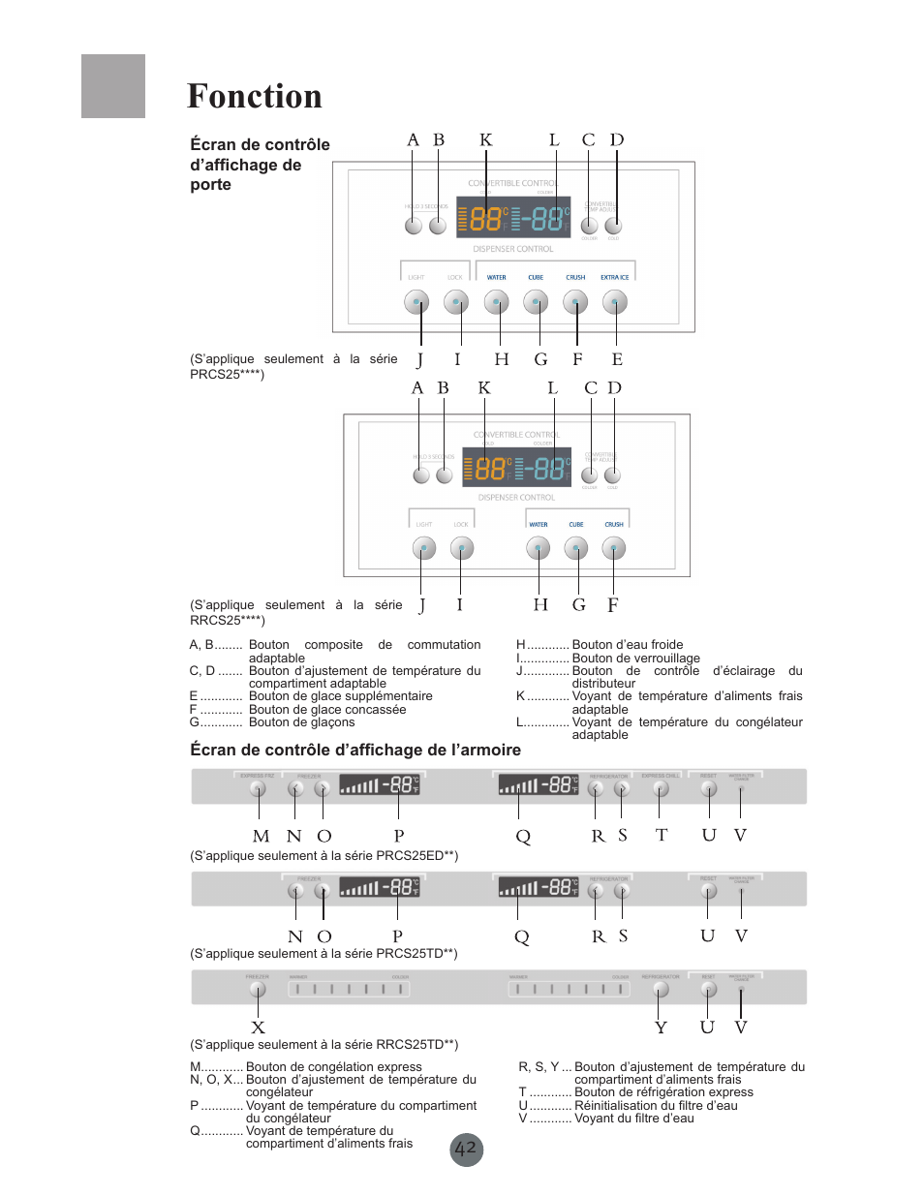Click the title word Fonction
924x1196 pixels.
254,97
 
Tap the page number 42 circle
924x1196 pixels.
466,1150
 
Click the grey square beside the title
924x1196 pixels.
113,86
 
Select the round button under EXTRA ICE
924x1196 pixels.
615,302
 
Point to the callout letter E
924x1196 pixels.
617,359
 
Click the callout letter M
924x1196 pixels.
261,836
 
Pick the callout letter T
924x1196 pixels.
662,835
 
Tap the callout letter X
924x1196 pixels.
258,1027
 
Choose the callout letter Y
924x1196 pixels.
661,1027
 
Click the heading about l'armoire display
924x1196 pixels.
355,750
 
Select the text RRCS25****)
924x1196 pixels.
228,620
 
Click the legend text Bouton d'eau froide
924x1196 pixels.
628,645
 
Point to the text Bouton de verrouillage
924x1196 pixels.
635,659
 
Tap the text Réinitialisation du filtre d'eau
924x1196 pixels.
656,1106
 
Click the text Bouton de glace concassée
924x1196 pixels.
327,710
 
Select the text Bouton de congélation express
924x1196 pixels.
334,1067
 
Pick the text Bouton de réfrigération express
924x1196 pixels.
663,1092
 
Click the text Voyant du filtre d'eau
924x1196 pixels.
634,1119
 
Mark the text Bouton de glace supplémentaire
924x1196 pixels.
341,696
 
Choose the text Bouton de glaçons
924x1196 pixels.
302,722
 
